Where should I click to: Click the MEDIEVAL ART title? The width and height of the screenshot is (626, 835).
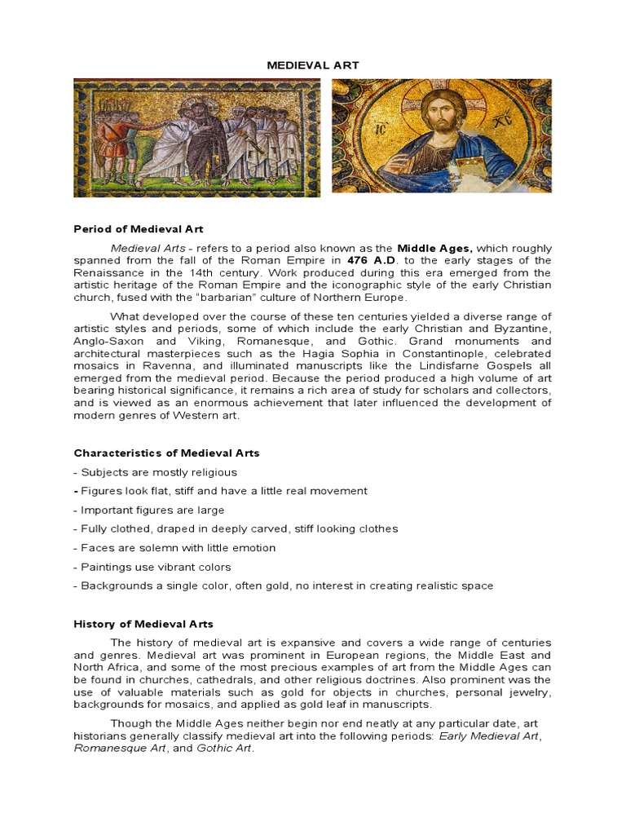click(x=312, y=64)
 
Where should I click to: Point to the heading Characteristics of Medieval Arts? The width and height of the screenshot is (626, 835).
click(x=166, y=453)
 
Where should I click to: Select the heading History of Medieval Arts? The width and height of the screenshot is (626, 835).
click(x=143, y=624)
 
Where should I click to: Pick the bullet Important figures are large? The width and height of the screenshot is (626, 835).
click(x=148, y=510)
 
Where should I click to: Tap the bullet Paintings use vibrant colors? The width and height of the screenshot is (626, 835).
click(x=152, y=567)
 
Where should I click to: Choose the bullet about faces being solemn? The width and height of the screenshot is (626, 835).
click(x=174, y=548)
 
